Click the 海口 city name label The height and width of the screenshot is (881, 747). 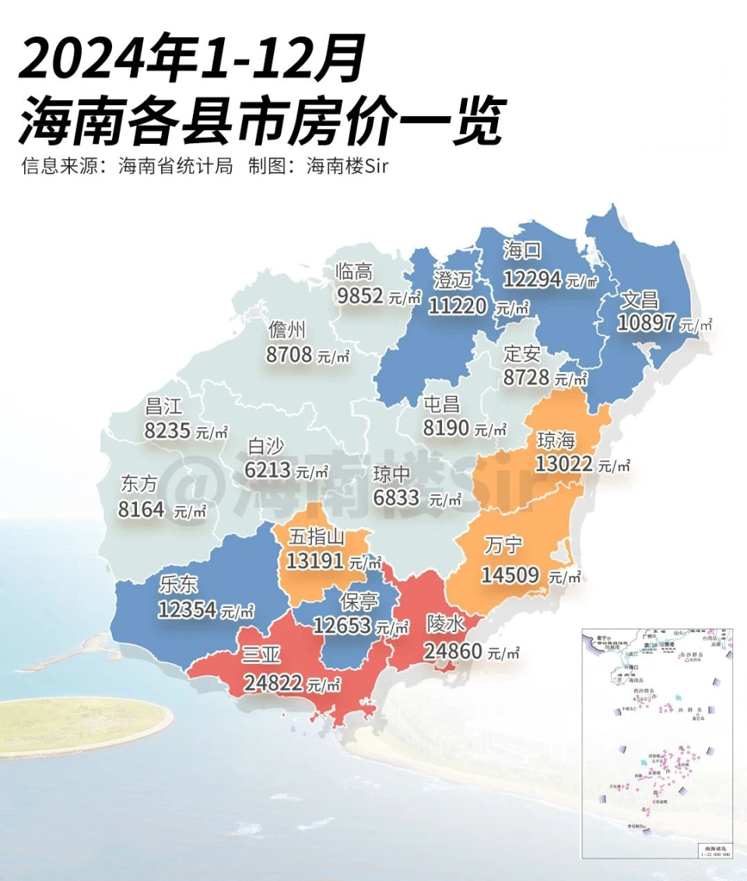pyautogui.click(x=523, y=251)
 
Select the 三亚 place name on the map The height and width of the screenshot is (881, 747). pyautogui.click(x=261, y=656)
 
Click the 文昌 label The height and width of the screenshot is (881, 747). pyautogui.click(x=640, y=299)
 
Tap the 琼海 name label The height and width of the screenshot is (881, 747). pyautogui.click(x=556, y=440)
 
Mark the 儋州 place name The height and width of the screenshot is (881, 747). pyautogui.click(x=286, y=330)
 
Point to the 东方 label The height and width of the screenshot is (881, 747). pyautogui.click(x=139, y=484)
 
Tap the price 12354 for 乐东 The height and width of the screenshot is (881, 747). pyautogui.click(x=187, y=609)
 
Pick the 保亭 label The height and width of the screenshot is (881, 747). pyautogui.click(x=359, y=601)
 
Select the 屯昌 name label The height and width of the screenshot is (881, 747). pyautogui.click(x=441, y=404)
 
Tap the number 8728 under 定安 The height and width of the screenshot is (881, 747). pyautogui.click(x=527, y=377)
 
